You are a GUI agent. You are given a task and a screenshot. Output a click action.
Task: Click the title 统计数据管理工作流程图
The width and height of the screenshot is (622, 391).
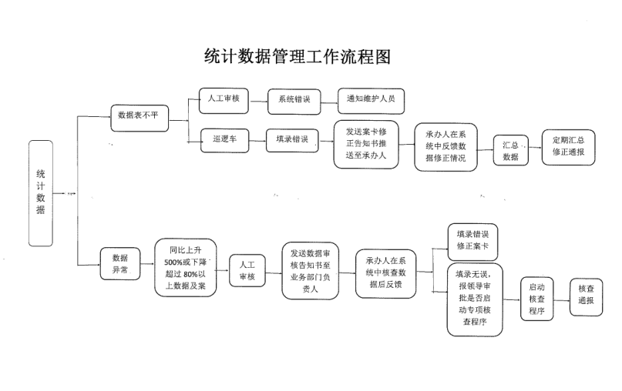(298, 56)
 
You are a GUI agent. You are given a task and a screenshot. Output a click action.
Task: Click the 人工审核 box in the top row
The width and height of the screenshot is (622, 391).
(224, 99)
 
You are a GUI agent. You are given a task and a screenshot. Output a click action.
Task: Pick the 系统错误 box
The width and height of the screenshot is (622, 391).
(294, 99)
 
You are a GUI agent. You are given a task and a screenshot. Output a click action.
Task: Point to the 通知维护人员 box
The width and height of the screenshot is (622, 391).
(371, 99)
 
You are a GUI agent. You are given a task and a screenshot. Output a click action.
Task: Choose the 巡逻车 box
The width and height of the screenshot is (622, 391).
(224, 139)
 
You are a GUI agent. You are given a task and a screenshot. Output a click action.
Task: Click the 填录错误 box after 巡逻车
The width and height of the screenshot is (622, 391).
(292, 139)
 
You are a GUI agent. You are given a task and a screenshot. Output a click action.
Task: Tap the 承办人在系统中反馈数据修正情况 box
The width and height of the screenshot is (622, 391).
(445, 145)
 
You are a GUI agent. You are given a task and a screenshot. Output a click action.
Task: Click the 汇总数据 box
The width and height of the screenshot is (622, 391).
(510, 149)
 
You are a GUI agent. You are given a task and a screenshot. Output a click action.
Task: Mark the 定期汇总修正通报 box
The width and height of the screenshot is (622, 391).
(568, 146)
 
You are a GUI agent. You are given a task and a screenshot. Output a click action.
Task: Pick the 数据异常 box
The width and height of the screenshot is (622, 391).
(119, 263)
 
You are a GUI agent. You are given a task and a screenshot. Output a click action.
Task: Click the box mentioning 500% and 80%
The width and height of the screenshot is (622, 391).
(186, 268)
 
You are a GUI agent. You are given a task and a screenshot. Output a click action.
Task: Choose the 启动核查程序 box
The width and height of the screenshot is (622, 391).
(537, 299)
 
